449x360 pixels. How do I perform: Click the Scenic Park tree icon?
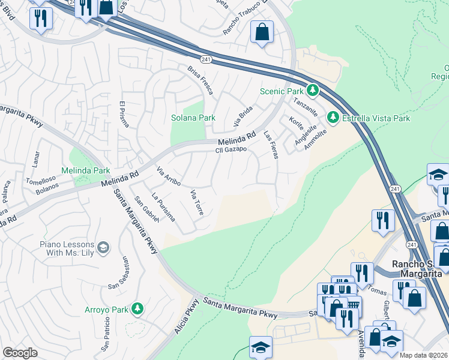(312, 91)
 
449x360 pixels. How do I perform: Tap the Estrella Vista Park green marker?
(333, 118)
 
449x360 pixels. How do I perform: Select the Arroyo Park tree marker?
(138, 310)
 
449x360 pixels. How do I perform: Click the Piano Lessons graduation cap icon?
(103, 247)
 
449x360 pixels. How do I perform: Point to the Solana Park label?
(193, 118)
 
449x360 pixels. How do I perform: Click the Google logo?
(20, 353)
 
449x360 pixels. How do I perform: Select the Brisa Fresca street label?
(199, 79)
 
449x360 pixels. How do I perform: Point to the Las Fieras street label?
(271, 146)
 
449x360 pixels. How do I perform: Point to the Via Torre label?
(197, 202)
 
